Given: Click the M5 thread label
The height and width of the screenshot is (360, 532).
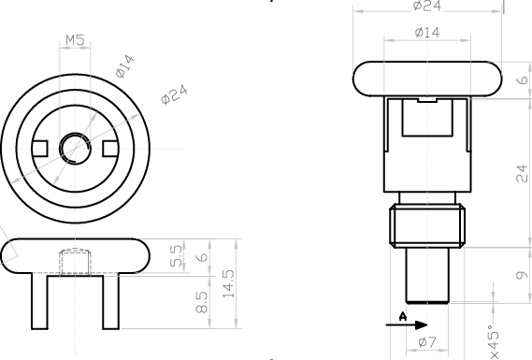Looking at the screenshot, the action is click(x=75, y=40).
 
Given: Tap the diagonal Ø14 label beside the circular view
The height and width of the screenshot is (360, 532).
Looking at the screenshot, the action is click(x=125, y=66).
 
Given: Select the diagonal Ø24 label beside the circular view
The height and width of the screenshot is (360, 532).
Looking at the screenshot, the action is click(x=175, y=94).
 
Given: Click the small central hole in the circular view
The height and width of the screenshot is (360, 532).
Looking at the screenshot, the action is click(x=75, y=149).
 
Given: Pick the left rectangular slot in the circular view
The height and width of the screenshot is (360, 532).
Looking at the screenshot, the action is click(x=39, y=149).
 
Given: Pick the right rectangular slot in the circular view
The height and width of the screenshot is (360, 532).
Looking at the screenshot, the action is click(x=110, y=149).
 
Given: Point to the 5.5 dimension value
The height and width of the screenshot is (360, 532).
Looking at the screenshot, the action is click(x=176, y=256).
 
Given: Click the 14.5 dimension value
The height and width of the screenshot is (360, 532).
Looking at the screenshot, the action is click(x=229, y=284).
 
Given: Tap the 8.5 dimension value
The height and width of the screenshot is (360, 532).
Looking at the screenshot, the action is click(x=202, y=302).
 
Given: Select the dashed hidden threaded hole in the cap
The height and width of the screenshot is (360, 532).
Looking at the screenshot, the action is click(x=76, y=262).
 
